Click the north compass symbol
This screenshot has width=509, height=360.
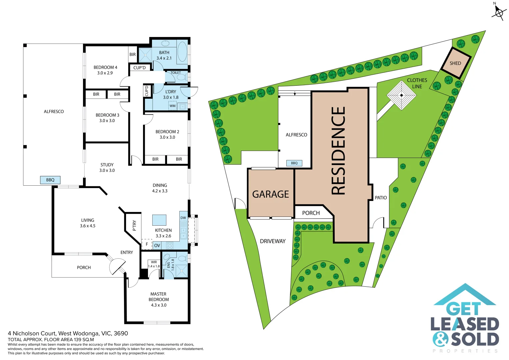click(499, 13)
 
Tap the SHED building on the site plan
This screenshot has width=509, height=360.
click(455, 63)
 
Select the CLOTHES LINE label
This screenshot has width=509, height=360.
click(417, 83)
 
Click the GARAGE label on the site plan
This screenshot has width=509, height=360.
click(270, 194)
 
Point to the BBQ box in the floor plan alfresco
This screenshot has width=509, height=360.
click(50, 180)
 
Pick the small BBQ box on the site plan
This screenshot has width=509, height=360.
click(294, 163)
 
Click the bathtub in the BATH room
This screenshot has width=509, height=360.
click(182, 51)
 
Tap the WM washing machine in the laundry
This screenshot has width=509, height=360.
click(172, 106)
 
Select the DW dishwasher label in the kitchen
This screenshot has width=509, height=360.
click(183, 218)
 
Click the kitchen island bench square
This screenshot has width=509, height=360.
click(159, 220)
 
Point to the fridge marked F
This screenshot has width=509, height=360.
click(147, 244)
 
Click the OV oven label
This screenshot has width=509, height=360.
click(157, 246)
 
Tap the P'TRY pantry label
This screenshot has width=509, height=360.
click(134, 225)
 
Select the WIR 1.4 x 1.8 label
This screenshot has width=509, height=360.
click(154, 264)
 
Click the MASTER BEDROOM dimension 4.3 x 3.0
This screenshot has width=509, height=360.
click(159, 305)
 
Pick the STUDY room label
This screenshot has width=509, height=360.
click(107, 165)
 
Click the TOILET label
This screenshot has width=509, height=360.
click(176, 73)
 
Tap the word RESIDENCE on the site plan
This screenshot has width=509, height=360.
click(338, 151)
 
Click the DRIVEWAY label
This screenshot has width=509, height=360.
click(273, 241)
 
